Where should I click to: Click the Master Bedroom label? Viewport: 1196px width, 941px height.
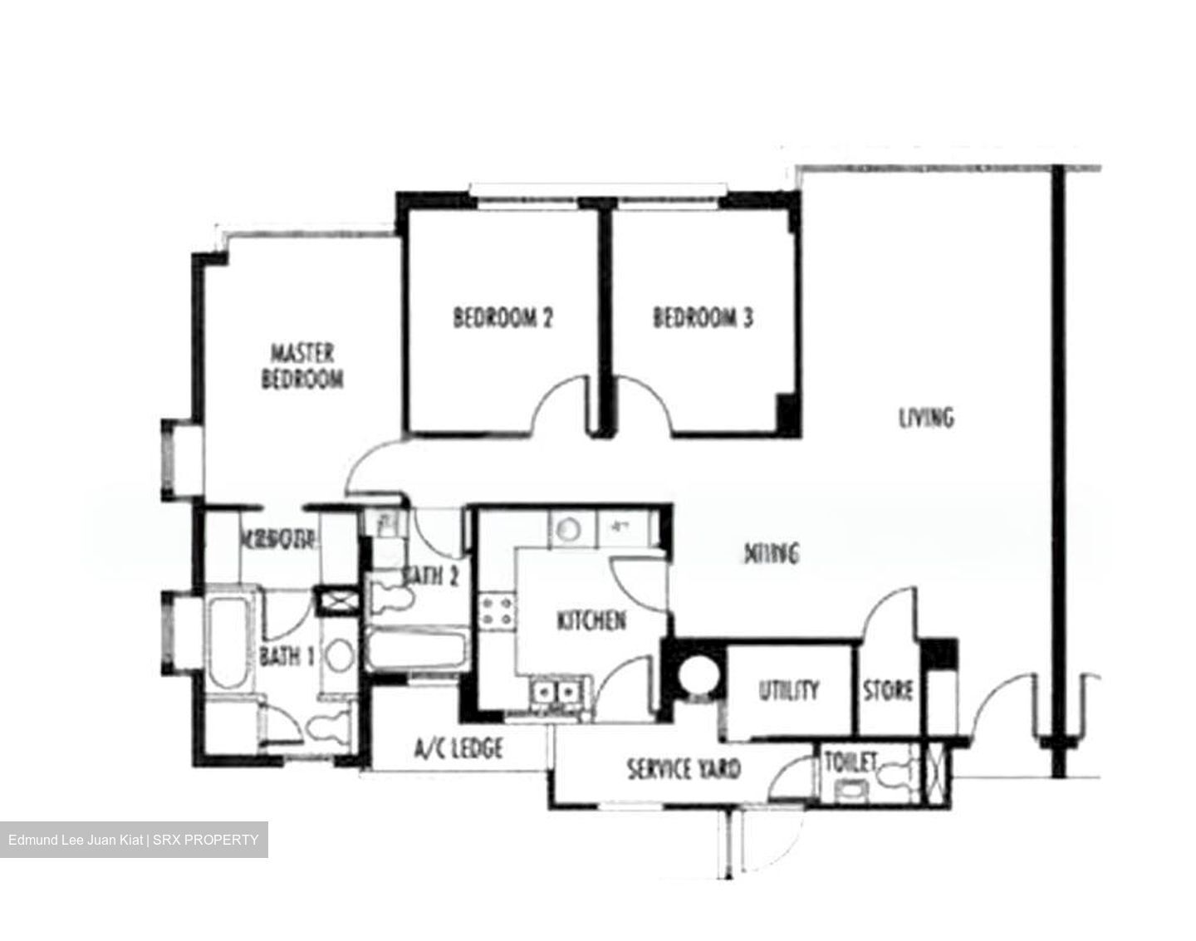click(302, 365)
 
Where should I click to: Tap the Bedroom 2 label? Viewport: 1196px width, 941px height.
click(502, 317)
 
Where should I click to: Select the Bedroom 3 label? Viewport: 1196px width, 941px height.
click(703, 317)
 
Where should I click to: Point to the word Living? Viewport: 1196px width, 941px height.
click(926, 416)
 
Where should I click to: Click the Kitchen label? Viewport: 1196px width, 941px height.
click(591, 620)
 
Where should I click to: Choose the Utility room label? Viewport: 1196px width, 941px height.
click(788, 690)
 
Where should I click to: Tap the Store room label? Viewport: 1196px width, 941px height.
click(888, 690)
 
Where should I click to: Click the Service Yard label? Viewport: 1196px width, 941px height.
click(683, 769)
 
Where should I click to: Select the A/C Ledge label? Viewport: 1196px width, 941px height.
click(458, 749)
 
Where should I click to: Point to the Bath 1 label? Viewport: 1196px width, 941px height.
click(287, 656)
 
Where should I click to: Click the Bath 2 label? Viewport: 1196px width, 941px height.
click(430, 575)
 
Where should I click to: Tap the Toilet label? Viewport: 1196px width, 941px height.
click(849, 762)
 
